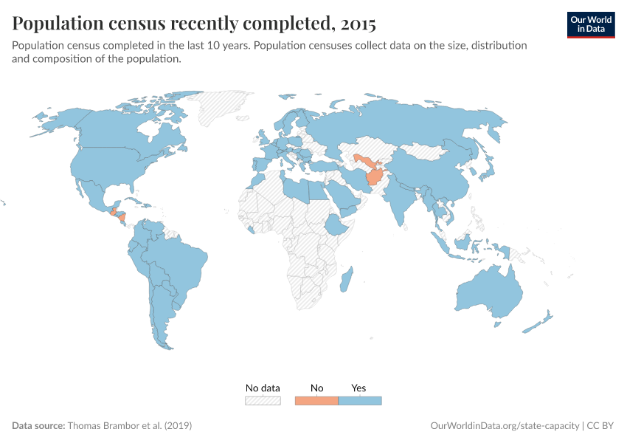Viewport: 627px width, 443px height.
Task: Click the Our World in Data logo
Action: click(590, 24)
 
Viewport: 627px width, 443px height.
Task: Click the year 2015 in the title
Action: click(358, 24)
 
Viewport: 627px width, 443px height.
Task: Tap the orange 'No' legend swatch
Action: click(316, 401)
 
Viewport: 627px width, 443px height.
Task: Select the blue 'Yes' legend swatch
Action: click(360, 401)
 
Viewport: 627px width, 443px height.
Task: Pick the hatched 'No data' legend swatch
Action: click(263, 401)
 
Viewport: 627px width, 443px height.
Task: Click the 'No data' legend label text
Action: click(263, 388)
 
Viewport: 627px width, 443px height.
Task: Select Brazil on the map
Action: click(181, 262)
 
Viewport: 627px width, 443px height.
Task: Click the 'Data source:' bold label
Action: click(38, 426)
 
